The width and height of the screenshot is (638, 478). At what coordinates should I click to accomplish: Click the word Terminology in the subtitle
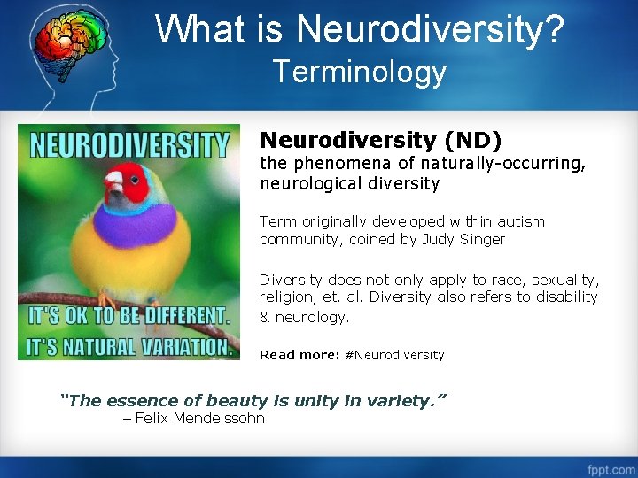pos(360,71)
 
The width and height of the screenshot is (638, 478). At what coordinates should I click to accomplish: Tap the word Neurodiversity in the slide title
pos(430,28)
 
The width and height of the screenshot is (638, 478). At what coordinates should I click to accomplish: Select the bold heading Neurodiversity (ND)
pos(380,140)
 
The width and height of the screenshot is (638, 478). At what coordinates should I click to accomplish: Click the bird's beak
pos(113,183)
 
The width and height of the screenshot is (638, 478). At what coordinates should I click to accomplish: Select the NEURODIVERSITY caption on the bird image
pos(128,145)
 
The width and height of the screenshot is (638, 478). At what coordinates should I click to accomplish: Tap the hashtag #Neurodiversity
pos(394,355)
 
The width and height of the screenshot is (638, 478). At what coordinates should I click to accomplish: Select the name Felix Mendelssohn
pos(199,418)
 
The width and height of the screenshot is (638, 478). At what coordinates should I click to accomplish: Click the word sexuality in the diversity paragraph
pos(564,280)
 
